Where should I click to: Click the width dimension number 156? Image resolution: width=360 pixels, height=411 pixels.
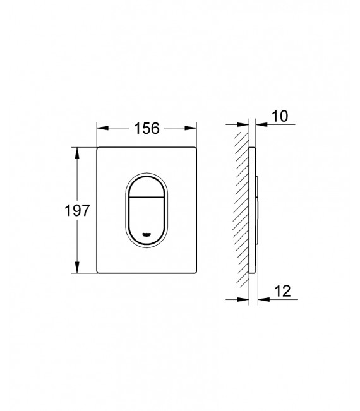[x=145, y=128]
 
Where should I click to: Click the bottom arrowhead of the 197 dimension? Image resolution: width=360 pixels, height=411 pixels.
[x=77, y=270]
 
